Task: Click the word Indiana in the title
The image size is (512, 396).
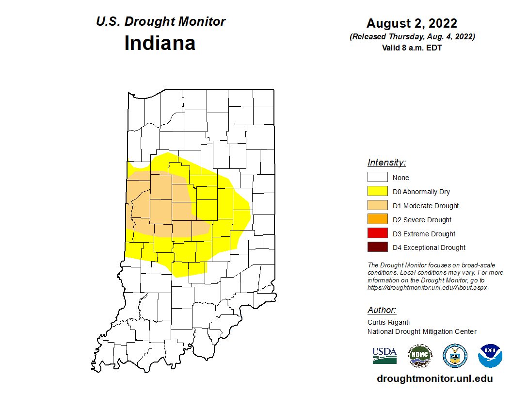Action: pos(160,43)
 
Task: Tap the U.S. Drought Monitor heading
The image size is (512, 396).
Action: pos(160,22)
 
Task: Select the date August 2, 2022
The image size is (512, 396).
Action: pos(412,23)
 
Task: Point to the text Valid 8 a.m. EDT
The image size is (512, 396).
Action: pos(412,48)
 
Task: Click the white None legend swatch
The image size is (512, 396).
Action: pos(377,178)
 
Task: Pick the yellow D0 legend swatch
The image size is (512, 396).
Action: pos(377,192)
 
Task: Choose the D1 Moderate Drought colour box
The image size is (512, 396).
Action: pos(377,206)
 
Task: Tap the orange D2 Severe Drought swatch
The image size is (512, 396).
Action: pos(377,220)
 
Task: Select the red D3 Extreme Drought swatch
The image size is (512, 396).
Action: pos(377,233)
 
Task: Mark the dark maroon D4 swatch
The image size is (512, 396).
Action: pos(377,247)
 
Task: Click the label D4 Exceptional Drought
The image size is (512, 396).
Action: pos(429,247)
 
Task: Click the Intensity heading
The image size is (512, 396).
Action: pos(386,163)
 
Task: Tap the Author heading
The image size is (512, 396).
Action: pos(382,310)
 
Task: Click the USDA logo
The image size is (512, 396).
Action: pos(384,355)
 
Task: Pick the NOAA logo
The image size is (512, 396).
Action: pos(490,356)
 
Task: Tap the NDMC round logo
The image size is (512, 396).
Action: pos(419,356)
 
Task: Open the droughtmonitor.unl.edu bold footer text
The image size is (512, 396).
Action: pos(434,379)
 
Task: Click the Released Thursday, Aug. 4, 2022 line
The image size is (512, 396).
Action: pos(412,37)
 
